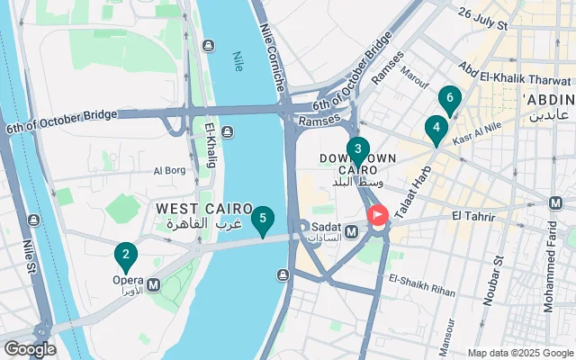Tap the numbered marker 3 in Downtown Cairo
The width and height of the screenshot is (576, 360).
pyautogui.click(x=357, y=150)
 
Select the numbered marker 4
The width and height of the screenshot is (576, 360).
pyautogui.click(x=436, y=130)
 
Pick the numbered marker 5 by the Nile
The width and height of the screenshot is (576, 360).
pyautogui.click(x=262, y=220)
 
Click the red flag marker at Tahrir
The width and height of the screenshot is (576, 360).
pyautogui.click(x=378, y=215)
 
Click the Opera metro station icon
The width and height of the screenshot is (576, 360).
pyautogui.click(x=153, y=284)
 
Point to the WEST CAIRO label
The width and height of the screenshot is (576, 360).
pyautogui.click(x=197, y=209)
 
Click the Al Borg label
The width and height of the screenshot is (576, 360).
pyautogui.click(x=168, y=170)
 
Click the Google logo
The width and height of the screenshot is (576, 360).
pyautogui.click(x=30, y=349)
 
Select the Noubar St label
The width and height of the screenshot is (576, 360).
pyautogui.click(x=499, y=283)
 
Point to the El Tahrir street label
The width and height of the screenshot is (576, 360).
pyautogui.click(x=469, y=216)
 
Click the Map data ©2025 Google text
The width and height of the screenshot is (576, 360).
pyautogui.click(x=519, y=353)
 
